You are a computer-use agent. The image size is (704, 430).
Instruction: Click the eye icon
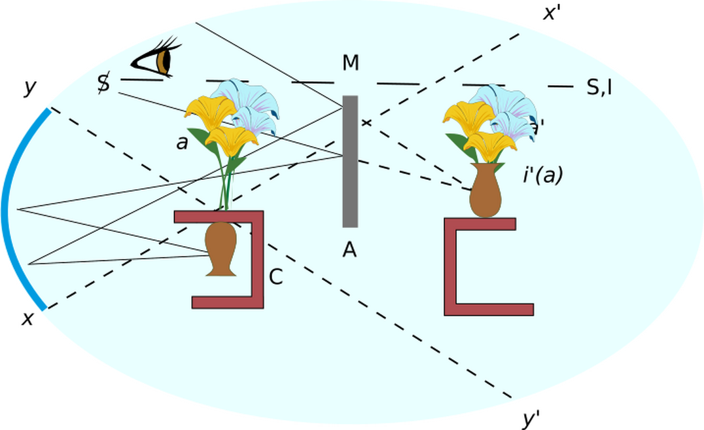click(157, 59)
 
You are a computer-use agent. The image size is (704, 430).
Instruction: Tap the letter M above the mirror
click(351, 63)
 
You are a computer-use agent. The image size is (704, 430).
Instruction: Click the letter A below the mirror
click(349, 249)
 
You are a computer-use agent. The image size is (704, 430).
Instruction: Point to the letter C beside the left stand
click(276, 278)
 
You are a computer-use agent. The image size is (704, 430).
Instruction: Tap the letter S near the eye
click(103, 83)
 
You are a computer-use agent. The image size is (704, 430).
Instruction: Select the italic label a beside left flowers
click(182, 143)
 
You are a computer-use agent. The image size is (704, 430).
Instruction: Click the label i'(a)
click(542, 175)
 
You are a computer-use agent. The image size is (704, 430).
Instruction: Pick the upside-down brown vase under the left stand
click(220, 248)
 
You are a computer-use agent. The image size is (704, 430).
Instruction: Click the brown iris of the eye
click(164, 61)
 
